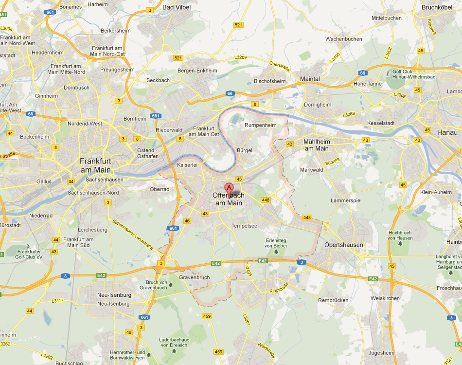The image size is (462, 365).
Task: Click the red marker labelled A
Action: click(x=229, y=188)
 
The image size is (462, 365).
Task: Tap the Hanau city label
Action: click(x=447, y=132)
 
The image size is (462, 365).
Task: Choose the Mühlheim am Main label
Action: click(x=316, y=145)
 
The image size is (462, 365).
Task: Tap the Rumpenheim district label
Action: click(x=260, y=125)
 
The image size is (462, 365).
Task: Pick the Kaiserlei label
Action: click(x=188, y=165)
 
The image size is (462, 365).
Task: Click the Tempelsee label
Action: click(x=244, y=225)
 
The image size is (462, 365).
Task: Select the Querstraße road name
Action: click(x=279, y=66)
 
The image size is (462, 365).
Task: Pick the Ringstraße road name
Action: click(x=279, y=287)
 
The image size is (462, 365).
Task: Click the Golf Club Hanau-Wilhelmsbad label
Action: click(x=412, y=75)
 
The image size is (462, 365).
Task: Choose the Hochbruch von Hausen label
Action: click(x=401, y=235)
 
